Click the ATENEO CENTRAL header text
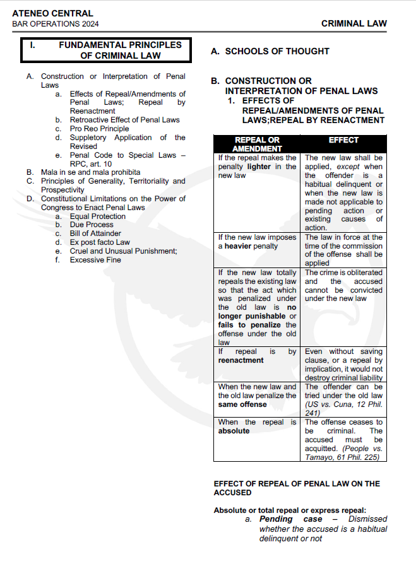click(x=52, y=13)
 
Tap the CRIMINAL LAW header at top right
click(x=354, y=23)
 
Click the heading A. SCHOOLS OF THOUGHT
click(x=270, y=51)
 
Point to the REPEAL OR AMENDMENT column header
click(x=257, y=144)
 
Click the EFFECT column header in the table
click(x=343, y=140)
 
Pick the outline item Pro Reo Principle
click(x=99, y=129)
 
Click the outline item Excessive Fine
click(x=95, y=260)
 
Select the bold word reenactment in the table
click(x=241, y=360)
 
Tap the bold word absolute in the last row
click(x=234, y=431)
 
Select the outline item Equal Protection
click(x=98, y=216)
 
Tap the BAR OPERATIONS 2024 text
click(x=56, y=24)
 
